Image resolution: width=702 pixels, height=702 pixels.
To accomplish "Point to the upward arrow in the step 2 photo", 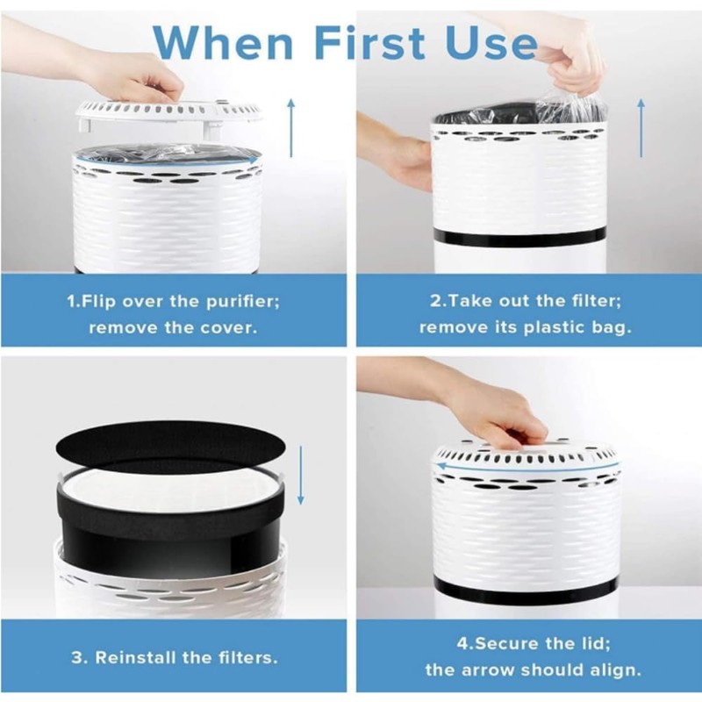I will coord(641,127).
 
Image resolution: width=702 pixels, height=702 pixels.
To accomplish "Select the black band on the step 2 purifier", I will coord(523,237).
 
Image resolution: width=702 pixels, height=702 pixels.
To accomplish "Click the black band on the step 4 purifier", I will coord(526,587).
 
